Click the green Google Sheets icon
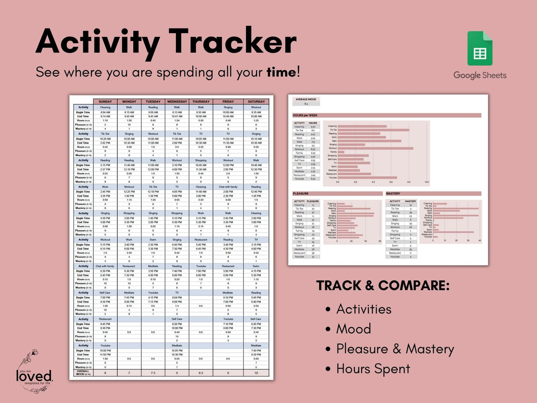[480, 48]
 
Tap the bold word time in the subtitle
[281, 72]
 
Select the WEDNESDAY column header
[177, 101]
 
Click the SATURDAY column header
[256, 101]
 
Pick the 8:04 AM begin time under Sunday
[105, 112]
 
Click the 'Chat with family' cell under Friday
[228, 187]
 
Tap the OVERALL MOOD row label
[83, 373]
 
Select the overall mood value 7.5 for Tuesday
[153, 373]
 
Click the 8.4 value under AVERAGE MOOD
[306, 104]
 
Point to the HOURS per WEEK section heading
[305, 115]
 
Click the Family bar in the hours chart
[341, 152]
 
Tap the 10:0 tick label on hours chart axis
[426, 182]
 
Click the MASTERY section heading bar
[433, 194]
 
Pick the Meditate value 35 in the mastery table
[411, 249]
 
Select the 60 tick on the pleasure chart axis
[380, 241]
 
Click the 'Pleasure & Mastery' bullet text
[395, 349]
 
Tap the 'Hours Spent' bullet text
[373, 369]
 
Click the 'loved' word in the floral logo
[34, 376]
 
